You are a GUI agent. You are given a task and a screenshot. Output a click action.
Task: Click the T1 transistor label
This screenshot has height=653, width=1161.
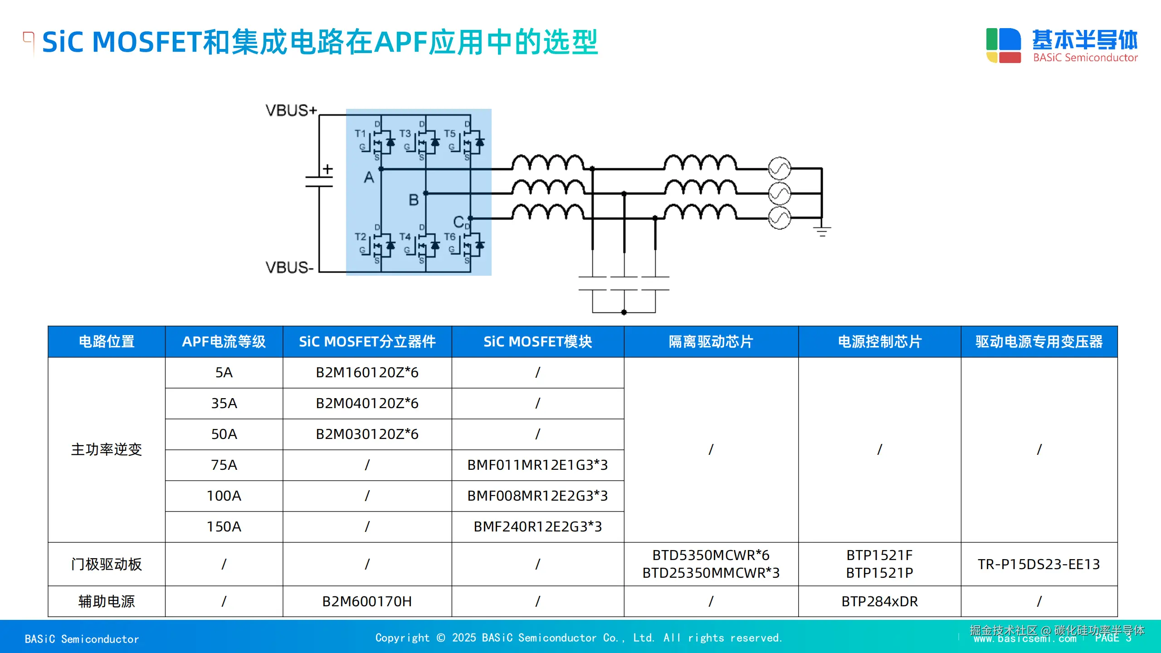[x=360, y=133]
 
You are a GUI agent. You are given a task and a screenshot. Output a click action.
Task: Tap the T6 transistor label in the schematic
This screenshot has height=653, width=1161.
[x=449, y=237]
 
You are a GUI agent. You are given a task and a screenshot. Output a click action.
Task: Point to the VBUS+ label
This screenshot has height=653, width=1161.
[x=291, y=110]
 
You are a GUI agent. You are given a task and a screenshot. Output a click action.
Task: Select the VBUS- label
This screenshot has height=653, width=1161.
[x=289, y=267]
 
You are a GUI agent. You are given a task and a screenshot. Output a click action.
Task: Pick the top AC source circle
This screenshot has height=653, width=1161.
[x=780, y=169]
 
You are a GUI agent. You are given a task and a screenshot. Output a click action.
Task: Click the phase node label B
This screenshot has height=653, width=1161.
[x=414, y=200]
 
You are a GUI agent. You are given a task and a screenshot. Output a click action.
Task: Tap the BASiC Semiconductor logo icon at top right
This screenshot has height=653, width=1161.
[x=1003, y=45]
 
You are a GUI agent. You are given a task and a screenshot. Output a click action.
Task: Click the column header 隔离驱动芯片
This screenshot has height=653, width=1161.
[x=711, y=341]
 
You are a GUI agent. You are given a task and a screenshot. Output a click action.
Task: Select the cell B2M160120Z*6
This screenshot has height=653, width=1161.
[x=367, y=372]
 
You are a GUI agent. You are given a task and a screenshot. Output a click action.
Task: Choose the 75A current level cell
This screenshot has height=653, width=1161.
[x=224, y=465]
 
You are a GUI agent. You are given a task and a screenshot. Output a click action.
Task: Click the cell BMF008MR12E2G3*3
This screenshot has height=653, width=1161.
[x=537, y=496]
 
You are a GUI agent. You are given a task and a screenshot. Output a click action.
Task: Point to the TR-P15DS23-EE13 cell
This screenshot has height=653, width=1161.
[x=1039, y=564]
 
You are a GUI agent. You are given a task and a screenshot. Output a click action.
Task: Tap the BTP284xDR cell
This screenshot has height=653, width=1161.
[x=879, y=601]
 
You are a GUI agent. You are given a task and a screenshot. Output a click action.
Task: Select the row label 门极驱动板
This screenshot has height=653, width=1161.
[x=107, y=564]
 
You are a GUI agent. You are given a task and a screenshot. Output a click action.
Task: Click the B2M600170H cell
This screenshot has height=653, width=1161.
[x=367, y=601]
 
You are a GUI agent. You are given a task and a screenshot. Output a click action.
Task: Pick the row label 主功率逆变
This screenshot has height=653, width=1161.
[x=107, y=449]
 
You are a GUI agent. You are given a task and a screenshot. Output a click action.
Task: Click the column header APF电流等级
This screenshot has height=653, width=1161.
[x=224, y=341]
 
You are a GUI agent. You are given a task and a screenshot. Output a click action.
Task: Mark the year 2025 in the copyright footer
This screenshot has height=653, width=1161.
[x=463, y=638]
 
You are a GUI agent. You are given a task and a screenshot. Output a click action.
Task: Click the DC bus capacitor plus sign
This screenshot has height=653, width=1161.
[x=327, y=169]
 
